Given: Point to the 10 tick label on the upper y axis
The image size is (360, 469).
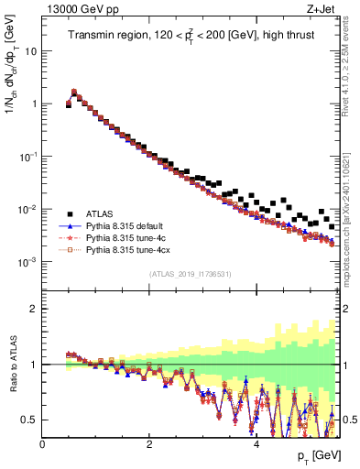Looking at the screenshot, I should click(x=31, y=51).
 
